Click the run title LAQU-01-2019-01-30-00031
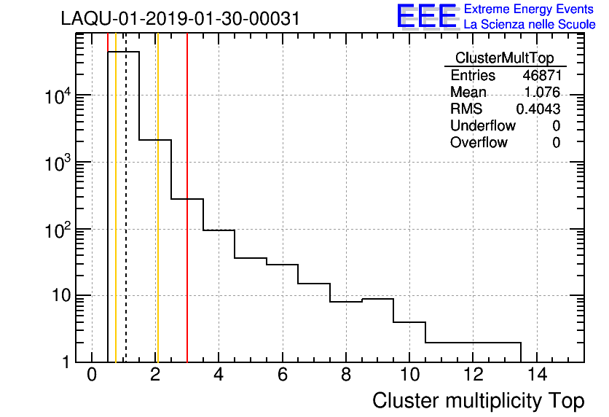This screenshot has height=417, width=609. point(180,19)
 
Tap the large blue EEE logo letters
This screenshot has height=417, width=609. point(427,16)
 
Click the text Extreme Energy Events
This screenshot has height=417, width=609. point(529,9)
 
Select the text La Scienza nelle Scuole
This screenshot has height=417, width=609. point(529,25)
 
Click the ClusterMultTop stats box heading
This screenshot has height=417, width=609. point(504,58)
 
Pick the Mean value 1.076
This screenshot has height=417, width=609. point(542,93)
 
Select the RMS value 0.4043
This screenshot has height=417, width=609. point(538,109)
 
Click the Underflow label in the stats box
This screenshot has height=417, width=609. point(482,126)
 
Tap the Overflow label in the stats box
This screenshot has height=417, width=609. point(479,143)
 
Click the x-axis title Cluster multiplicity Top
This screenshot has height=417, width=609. point(478,401)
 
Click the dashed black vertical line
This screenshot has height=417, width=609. point(126,219)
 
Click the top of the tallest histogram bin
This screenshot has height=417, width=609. point(123,52)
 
